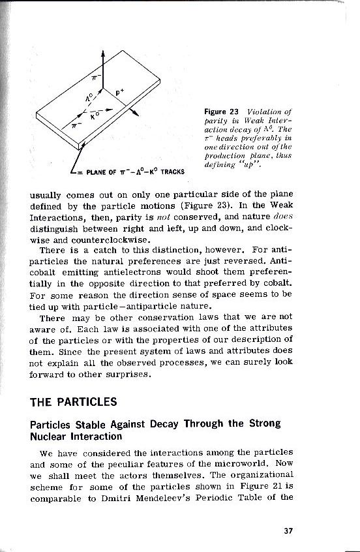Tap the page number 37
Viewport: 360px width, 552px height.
(x=288, y=529)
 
